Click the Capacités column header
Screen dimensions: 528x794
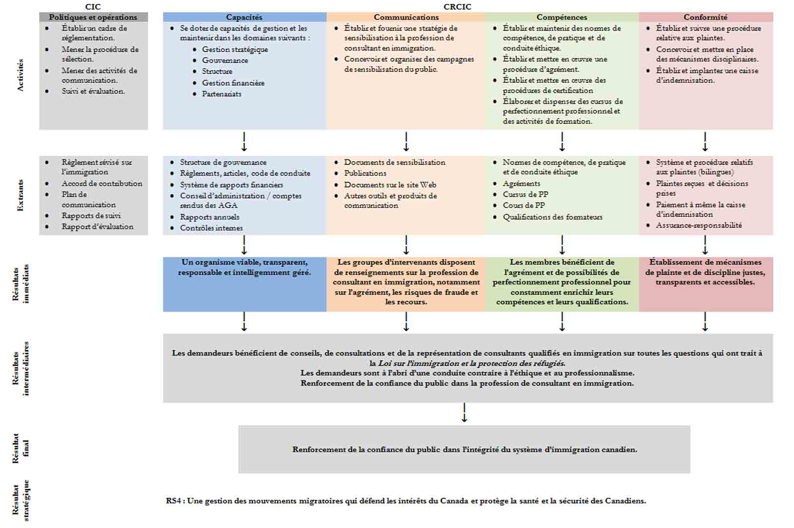[244, 17]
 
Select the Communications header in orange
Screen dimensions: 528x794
[406, 17]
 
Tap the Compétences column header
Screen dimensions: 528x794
[562, 17]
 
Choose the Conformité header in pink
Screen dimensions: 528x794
[705, 17]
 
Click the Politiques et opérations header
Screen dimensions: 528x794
[93, 17]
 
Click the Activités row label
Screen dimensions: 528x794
[20, 75]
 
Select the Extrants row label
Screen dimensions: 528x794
[20, 195]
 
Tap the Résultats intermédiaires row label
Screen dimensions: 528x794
[20, 368]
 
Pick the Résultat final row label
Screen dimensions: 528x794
[20, 448]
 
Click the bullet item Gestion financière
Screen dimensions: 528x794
[233, 83]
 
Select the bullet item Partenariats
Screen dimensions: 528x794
[222, 94]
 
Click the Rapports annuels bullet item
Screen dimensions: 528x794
[209, 217]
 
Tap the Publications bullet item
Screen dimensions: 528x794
[365, 173]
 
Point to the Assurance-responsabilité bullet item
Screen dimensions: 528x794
[699, 225]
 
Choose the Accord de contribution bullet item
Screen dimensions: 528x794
[102, 183]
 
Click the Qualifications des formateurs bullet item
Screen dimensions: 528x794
[552, 217]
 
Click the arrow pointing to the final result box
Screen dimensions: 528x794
[464, 413]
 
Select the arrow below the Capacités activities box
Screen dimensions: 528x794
[244, 142]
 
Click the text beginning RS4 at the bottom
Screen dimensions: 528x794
[406, 501]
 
